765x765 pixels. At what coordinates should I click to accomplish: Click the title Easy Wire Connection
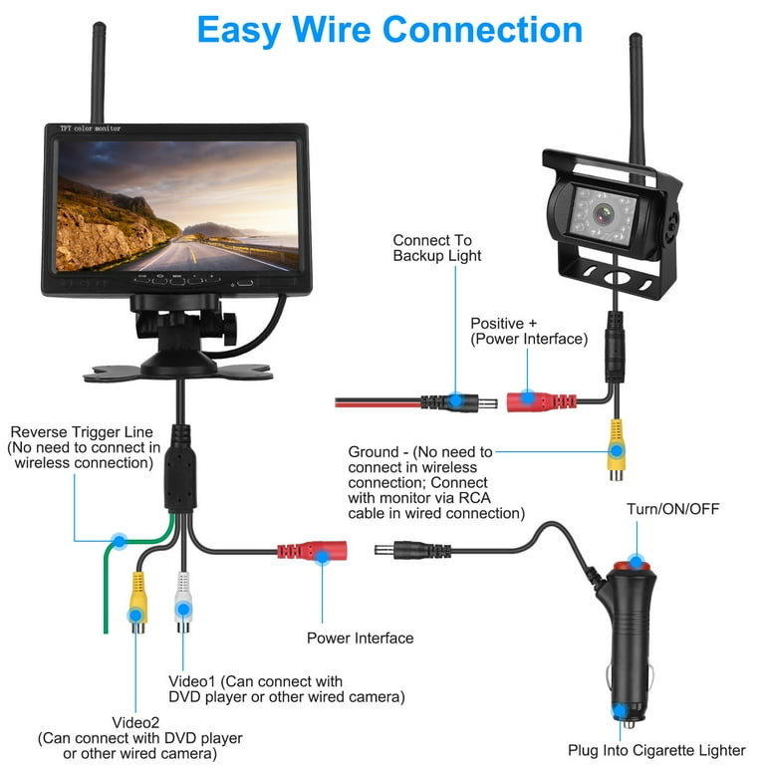tap(389, 30)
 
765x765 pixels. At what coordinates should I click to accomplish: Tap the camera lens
tap(602, 213)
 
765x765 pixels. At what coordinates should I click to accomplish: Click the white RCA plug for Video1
tap(182, 602)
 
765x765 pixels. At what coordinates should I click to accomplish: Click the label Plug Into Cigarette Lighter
tap(656, 750)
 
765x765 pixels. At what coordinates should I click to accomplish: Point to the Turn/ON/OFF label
tap(672, 510)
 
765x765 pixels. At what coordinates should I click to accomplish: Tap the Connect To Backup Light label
tap(436, 248)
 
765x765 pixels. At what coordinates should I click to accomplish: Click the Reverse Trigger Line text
tap(82, 432)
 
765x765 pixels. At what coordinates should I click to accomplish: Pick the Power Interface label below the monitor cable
tap(360, 637)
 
